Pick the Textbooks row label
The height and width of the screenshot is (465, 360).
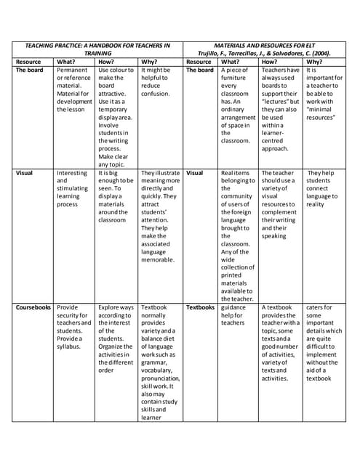pos(200,307)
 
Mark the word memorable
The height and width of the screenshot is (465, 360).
pos(158,259)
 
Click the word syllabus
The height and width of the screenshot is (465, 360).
pos(68,347)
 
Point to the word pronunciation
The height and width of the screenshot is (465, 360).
pos(161,379)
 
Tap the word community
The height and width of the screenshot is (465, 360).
pos(237,195)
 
